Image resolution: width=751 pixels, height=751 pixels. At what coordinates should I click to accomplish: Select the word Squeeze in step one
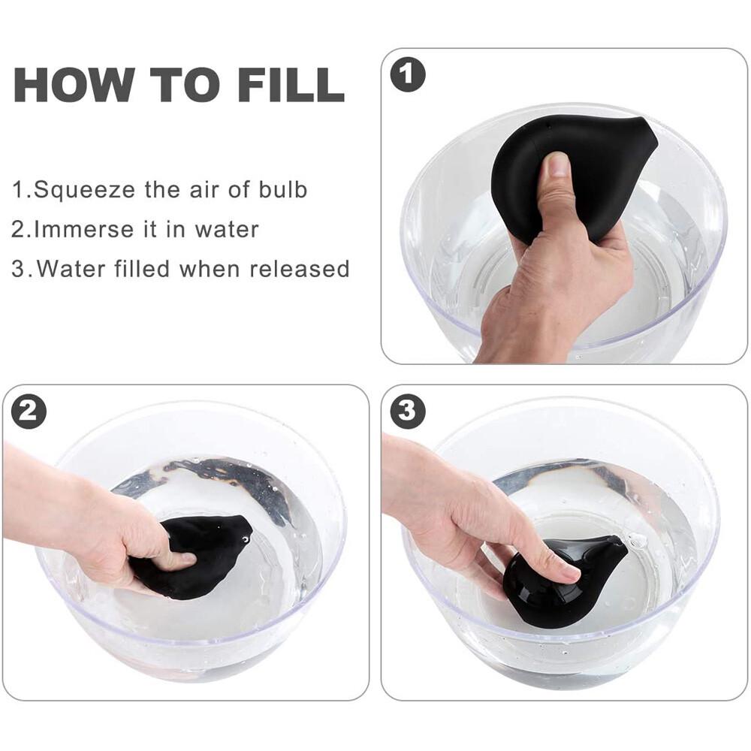(84, 190)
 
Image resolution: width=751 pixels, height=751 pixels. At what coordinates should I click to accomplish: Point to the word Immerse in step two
(84, 229)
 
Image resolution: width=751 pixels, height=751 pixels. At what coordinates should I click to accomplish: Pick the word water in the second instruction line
(227, 229)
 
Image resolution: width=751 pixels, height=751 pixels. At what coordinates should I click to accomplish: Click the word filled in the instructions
(142, 269)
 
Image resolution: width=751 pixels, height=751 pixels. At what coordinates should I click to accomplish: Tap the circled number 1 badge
(408, 74)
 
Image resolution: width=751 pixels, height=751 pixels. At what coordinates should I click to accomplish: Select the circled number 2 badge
(29, 411)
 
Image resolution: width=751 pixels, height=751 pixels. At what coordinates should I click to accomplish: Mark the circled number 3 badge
(408, 411)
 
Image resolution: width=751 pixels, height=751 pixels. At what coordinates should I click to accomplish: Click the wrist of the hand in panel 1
(522, 330)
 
